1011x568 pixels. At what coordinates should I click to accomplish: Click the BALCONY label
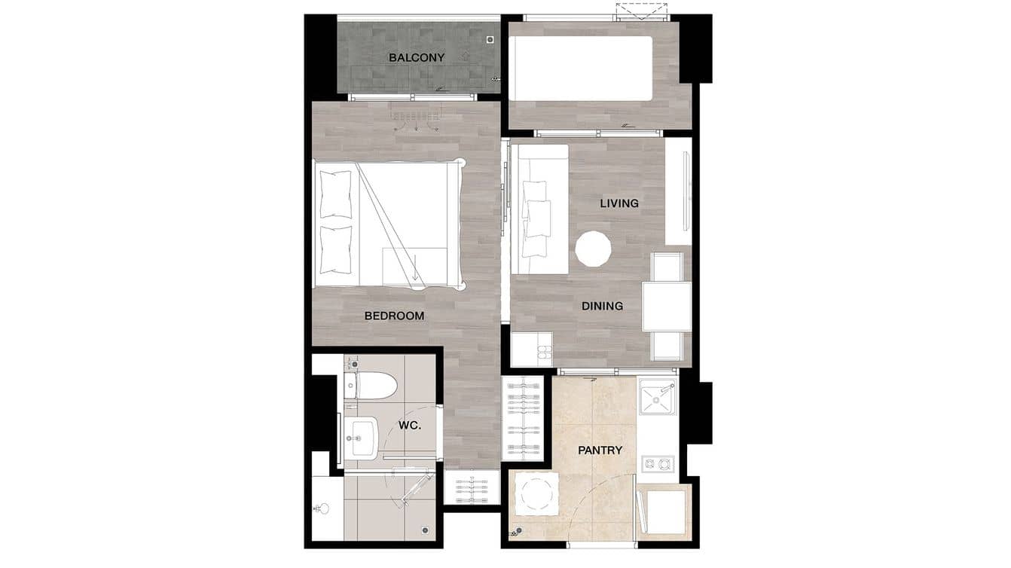point(417,57)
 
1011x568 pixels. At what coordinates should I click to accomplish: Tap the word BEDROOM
point(394,316)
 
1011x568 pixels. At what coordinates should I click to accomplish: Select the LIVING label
point(619,203)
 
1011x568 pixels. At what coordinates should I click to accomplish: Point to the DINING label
point(602,306)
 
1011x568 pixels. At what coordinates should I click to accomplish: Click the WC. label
point(409,425)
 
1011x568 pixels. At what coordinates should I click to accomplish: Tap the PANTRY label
point(600,450)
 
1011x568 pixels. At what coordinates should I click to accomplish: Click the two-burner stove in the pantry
point(658,463)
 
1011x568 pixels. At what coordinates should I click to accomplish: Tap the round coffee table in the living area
point(593,249)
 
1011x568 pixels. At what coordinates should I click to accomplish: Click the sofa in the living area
point(539,209)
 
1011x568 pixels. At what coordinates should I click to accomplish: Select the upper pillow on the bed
point(336,194)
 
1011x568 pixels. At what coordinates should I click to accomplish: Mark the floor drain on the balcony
point(490,39)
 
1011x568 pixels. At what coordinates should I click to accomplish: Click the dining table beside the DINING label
point(667,307)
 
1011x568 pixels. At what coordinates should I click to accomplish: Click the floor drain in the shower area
point(426,530)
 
